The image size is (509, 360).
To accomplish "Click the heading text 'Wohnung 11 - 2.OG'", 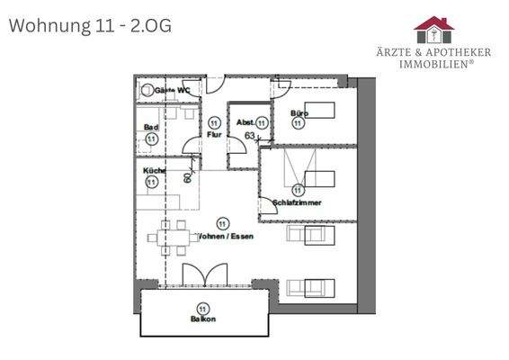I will click(x=89, y=25).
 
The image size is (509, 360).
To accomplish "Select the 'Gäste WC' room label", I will click(x=172, y=91).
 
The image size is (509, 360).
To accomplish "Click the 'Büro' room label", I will click(x=299, y=113).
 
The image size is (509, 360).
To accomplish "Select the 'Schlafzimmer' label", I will click(x=297, y=202).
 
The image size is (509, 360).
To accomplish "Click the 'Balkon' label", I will click(x=202, y=318).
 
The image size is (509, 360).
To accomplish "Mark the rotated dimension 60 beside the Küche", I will click(x=188, y=176).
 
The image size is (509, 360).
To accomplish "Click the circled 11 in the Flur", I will click(x=214, y=122).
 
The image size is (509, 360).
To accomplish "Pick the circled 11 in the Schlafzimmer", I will click(x=298, y=189).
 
